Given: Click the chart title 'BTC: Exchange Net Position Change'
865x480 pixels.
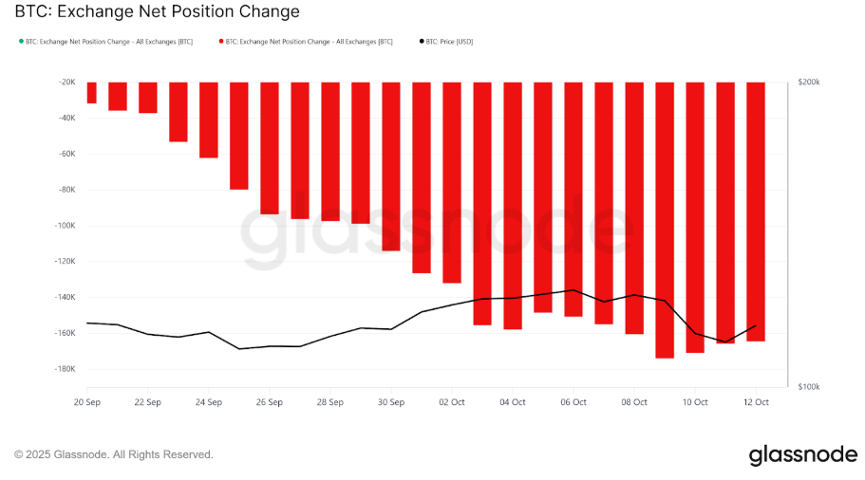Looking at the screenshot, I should (158, 12).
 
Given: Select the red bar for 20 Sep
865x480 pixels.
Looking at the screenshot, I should (91, 92).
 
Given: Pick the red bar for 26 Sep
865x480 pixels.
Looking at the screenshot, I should (270, 147).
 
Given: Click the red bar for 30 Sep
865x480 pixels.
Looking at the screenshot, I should (390, 166).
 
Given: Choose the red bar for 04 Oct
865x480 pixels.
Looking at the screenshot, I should (513, 205).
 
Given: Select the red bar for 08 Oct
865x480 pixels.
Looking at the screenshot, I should (634, 208).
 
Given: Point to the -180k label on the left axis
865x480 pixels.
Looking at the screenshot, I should (63, 369).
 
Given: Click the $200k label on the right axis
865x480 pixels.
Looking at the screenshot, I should (808, 83).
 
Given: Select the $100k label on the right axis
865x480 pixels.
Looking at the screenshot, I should (808, 387).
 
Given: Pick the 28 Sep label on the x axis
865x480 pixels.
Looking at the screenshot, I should (329, 402).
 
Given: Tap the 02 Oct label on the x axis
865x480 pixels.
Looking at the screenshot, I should (451, 402).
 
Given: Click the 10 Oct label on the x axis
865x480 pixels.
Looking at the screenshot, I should (695, 402).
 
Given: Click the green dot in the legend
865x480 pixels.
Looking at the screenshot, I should (20, 42).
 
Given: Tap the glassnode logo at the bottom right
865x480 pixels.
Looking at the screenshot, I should (802, 455).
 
